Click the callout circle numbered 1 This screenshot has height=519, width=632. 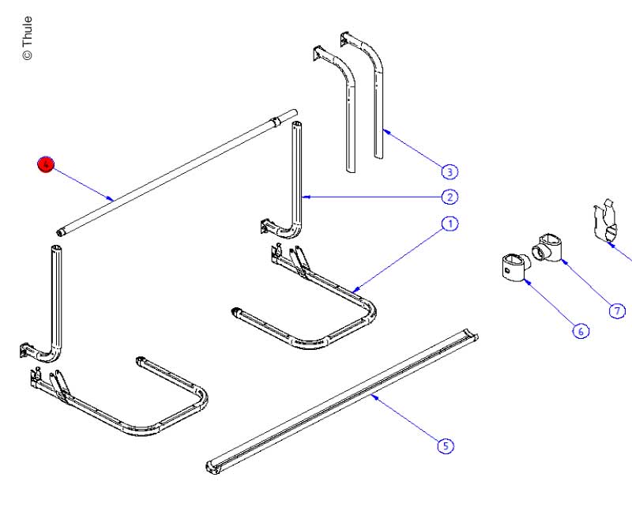[x=449, y=224]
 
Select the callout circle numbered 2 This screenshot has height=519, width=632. [x=449, y=197]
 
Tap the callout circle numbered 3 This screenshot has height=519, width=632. [x=449, y=171]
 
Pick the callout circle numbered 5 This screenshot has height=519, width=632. [x=446, y=446]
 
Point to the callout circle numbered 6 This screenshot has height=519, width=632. [x=580, y=331]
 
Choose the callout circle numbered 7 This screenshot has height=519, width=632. [x=617, y=310]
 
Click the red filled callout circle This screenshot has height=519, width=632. [x=46, y=164]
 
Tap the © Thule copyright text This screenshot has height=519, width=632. [x=28, y=38]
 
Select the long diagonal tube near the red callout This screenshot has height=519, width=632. [x=174, y=171]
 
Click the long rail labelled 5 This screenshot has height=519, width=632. [x=340, y=399]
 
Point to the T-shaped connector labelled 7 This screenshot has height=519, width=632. [x=550, y=247]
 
